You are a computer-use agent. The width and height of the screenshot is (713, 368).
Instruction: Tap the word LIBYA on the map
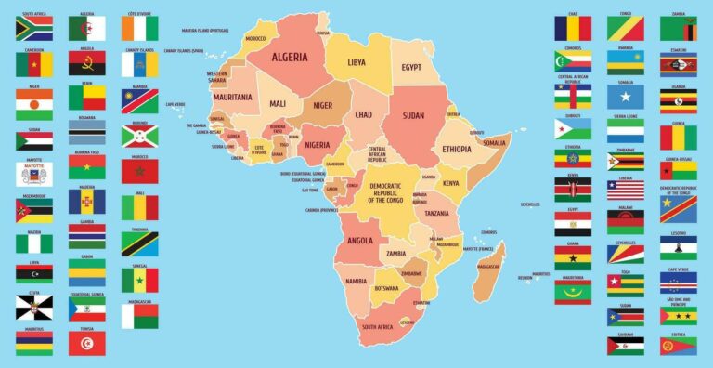(x=356, y=63)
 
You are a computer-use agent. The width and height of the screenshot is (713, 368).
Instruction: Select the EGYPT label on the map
(x=411, y=67)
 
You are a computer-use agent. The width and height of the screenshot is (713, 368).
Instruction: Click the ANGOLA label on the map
(x=358, y=240)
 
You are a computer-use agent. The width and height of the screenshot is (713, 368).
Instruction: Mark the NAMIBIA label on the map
(x=356, y=281)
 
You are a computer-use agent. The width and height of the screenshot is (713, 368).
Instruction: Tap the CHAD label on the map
(x=363, y=114)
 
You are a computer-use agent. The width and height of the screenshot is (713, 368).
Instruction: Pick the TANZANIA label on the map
(x=437, y=214)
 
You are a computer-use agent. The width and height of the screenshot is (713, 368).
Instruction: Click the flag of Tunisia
(x=86, y=343)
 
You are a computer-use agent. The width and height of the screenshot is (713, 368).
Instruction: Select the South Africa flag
(x=33, y=28)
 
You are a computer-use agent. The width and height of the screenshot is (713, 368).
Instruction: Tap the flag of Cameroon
(x=33, y=63)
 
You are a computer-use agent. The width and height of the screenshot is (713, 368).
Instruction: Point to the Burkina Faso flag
(x=86, y=168)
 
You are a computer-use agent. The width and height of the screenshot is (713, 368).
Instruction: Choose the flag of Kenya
(x=573, y=191)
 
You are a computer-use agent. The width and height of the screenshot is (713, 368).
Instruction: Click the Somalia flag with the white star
(x=626, y=97)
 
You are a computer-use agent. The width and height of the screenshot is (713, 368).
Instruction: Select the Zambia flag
(x=679, y=28)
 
